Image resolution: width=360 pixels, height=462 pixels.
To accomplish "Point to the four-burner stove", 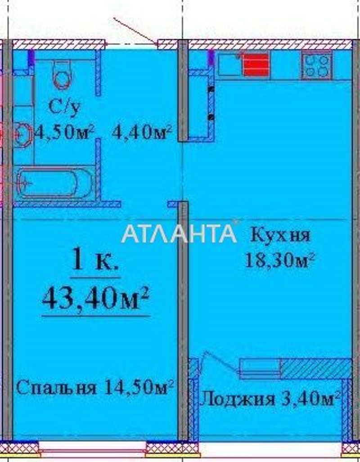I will pyautogui.click(x=317, y=65).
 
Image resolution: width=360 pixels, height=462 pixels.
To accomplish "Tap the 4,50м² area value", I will pyautogui.click(x=64, y=132).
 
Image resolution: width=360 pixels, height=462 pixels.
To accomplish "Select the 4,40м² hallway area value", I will pyautogui.click(x=142, y=132).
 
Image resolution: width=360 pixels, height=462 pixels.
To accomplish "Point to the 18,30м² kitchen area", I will pyautogui.click(x=279, y=260).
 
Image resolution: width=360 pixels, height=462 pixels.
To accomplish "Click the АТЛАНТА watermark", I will pyautogui.click(x=179, y=233).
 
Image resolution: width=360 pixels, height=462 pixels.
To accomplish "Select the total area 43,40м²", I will pyautogui.click(x=96, y=298).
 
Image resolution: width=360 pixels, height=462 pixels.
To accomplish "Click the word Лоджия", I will pyautogui.click(x=237, y=399).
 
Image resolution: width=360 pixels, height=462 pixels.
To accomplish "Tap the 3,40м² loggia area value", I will pyautogui.click(x=311, y=398).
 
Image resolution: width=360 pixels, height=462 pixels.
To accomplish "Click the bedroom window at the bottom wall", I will pyautogui.click(x=92, y=447).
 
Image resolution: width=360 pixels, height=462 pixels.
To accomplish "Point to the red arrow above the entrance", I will pyautogui.click(x=135, y=31).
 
